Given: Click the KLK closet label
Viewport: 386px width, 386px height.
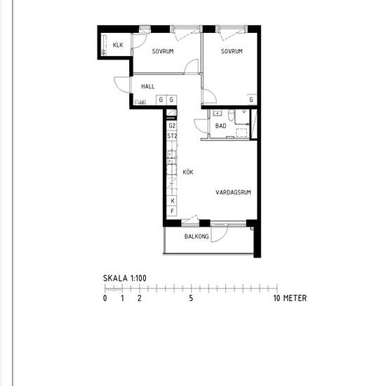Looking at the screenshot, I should [117, 46].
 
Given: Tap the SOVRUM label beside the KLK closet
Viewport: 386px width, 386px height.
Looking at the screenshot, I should [163, 52].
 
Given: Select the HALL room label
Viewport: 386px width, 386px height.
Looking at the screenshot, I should [147, 86].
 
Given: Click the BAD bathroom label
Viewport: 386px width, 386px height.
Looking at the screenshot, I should [220, 126].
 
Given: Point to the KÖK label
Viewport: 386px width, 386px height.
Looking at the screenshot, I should [188, 172].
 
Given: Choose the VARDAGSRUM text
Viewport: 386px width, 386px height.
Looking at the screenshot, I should [233, 191].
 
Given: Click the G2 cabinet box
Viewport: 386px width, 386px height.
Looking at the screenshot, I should [171, 126].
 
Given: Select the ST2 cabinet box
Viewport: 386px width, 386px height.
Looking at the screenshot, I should [171, 136].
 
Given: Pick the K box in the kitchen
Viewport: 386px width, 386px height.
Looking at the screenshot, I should [171, 200].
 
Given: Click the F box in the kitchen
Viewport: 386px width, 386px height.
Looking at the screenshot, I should [171, 211].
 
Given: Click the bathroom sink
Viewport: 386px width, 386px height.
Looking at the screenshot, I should [218, 113].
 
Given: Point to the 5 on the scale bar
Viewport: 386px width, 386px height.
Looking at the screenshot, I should [191, 298].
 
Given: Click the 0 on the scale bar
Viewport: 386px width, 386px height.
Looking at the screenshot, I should [105, 298].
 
